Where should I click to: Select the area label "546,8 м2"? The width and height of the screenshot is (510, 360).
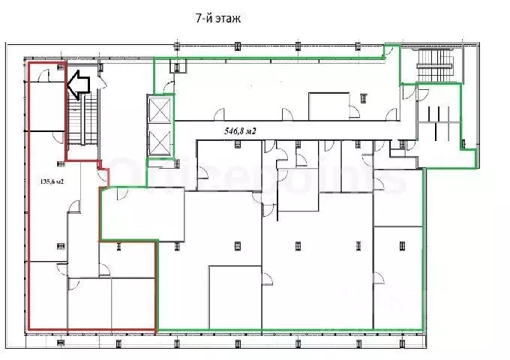[240, 131]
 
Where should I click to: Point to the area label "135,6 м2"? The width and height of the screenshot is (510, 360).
[51, 181]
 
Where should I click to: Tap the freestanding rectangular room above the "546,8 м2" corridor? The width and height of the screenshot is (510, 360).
[328, 105]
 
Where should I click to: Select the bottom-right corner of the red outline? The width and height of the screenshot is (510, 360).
[157, 331]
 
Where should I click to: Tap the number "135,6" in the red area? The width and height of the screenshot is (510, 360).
[46, 181]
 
